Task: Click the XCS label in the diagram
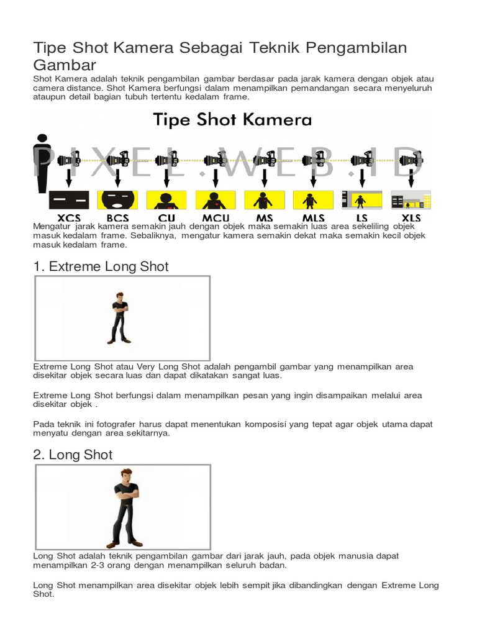click(x=68, y=217)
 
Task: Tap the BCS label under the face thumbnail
click(x=117, y=217)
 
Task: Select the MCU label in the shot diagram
click(x=215, y=217)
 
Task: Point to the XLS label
click(x=411, y=217)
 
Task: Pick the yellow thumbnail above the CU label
click(x=166, y=200)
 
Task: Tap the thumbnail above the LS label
click(x=361, y=199)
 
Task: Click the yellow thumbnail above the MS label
click(x=264, y=200)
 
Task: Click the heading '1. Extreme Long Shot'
click(x=101, y=266)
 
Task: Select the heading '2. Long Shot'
click(x=73, y=455)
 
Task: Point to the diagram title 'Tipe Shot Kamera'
click(x=232, y=119)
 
